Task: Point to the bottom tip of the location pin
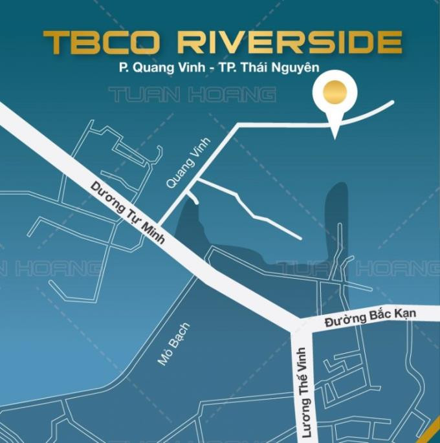coord(334,136)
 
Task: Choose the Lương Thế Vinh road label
coord(302,389)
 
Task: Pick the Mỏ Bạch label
coord(174,344)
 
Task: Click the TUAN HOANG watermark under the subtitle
coord(192,96)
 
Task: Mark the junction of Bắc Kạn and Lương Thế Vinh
coord(303,325)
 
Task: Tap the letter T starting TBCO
coord(56,42)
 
